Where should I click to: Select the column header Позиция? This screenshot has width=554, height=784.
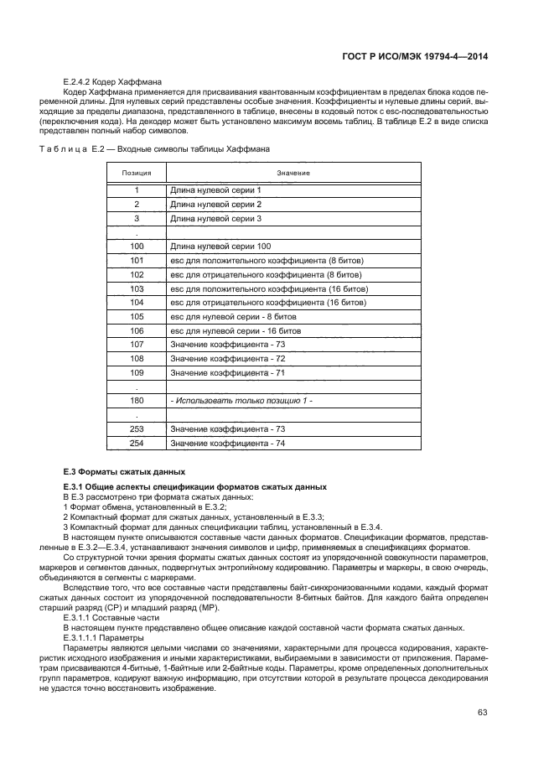coord(136,173)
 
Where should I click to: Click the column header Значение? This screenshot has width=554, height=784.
coord(293,173)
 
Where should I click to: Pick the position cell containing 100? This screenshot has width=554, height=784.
coord(137,246)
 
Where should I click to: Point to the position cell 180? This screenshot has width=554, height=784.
coord(137,401)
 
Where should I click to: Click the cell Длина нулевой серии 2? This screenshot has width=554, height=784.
coord(215,204)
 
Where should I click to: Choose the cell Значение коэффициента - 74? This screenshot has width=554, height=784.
coord(228,444)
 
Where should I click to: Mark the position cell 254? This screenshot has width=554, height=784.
coord(137,444)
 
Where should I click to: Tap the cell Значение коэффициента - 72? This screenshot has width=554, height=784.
coord(228,359)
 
